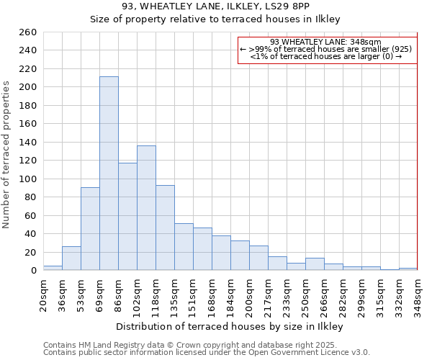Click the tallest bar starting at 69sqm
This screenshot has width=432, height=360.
pyautogui.click(x=109, y=174)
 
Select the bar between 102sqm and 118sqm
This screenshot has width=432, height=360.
pyautogui.click(x=146, y=208)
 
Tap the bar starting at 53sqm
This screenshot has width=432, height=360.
pyautogui.click(x=90, y=229)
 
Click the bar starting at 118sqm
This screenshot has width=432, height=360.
pyautogui.click(x=165, y=228)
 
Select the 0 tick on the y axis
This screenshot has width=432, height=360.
pyautogui.click(x=34, y=271)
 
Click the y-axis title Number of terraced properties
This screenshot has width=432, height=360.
pyautogui.click(x=7, y=155)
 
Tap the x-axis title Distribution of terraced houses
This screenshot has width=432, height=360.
pyautogui.click(x=230, y=326)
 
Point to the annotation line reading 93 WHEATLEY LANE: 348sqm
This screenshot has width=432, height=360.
pyautogui.click(x=325, y=42)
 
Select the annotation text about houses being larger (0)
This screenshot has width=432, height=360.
pyautogui.click(x=325, y=56)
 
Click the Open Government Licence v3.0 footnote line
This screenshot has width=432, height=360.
pyautogui.click(x=207, y=353)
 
